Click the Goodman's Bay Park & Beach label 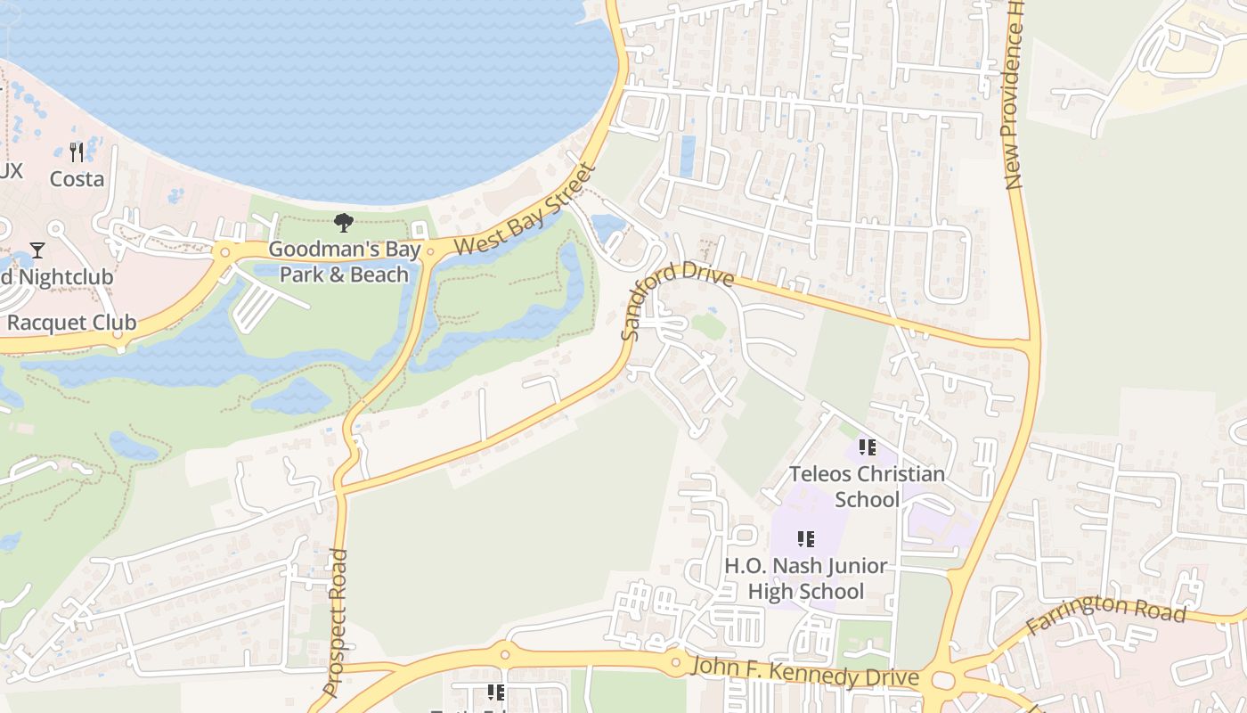pyautogui.click(x=344, y=262)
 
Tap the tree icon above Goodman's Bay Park pyautogui.click(x=344, y=223)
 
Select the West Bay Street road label pyautogui.click(x=523, y=211)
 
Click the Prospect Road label pyautogui.click(x=335, y=622)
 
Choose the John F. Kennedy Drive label pyautogui.click(x=804, y=672)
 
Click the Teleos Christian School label pyautogui.click(x=867, y=486)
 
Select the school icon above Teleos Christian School pyautogui.click(x=867, y=447)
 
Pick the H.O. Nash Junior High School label pyautogui.click(x=805, y=578)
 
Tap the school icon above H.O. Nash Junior pyautogui.click(x=805, y=539)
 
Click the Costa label pyautogui.click(x=77, y=179)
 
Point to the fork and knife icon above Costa pyautogui.click(x=77, y=152)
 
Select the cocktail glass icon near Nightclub pyautogui.click(x=37, y=250)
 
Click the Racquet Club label pyautogui.click(x=71, y=323)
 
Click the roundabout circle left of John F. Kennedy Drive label pyautogui.click(x=675, y=662)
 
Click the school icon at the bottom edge pyautogui.click(x=495, y=693)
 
